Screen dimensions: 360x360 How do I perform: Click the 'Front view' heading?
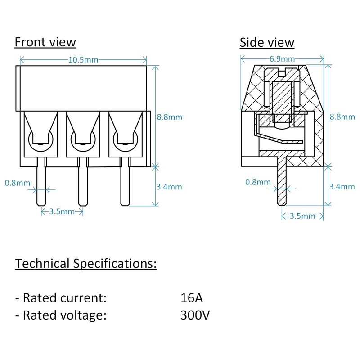(x=45, y=42)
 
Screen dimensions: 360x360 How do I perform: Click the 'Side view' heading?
(x=267, y=43)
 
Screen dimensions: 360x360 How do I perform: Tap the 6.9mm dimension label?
(x=282, y=59)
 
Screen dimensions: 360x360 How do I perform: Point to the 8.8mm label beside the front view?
(x=169, y=117)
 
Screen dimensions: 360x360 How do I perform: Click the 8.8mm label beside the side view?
(x=342, y=117)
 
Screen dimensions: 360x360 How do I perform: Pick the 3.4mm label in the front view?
(x=169, y=186)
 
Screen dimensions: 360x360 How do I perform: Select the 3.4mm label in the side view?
(x=342, y=186)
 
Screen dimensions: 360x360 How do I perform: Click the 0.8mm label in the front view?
(x=18, y=183)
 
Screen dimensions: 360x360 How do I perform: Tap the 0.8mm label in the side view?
(x=258, y=182)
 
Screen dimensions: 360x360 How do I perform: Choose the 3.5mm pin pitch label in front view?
(x=62, y=211)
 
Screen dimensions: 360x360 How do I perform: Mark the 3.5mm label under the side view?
(x=302, y=216)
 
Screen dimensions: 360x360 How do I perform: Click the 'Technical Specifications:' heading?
(x=86, y=263)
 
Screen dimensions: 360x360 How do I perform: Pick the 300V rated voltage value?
(x=194, y=315)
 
